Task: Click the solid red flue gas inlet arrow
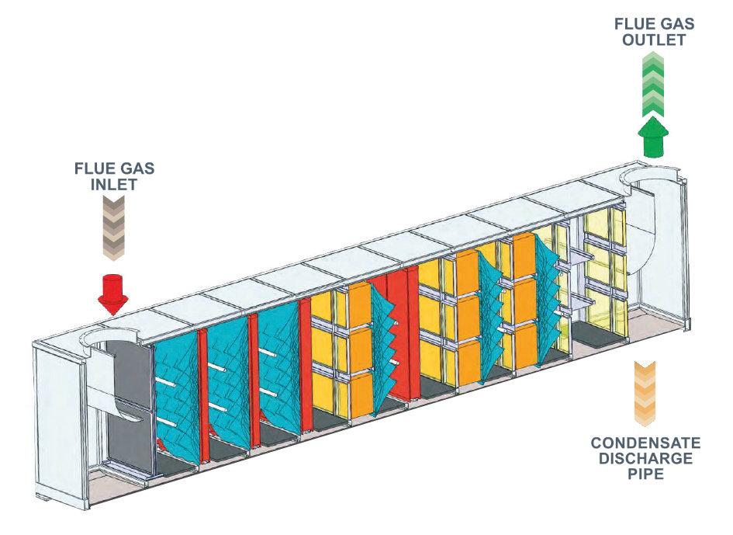point(112,294)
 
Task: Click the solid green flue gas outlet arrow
point(653,136)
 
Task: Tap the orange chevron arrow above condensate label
point(645,394)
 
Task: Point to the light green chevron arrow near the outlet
point(653,85)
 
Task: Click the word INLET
point(114,184)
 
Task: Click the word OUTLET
point(654,40)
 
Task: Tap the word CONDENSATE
point(645,443)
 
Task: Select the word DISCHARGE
point(645,458)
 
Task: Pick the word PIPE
point(645,473)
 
